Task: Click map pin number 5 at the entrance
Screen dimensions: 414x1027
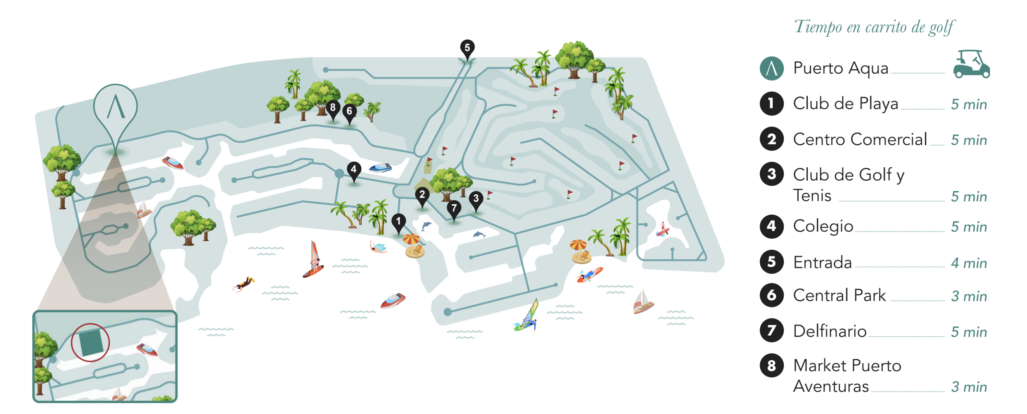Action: click(x=467, y=48)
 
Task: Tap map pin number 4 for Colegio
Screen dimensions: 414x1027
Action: click(x=354, y=170)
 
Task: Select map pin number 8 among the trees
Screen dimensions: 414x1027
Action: click(x=333, y=108)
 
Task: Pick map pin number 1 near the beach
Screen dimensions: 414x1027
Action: click(x=398, y=221)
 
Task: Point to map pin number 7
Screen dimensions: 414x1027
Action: click(x=454, y=208)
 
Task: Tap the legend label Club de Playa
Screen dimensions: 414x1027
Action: click(x=845, y=104)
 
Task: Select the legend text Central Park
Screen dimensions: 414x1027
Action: click(x=839, y=295)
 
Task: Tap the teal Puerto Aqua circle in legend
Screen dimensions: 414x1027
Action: click(x=771, y=68)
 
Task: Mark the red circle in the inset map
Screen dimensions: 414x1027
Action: click(x=90, y=342)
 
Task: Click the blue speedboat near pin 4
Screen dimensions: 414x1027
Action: click(x=380, y=168)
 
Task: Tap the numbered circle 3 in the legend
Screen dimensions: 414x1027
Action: click(x=771, y=174)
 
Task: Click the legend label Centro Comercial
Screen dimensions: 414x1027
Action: click(x=860, y=140)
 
